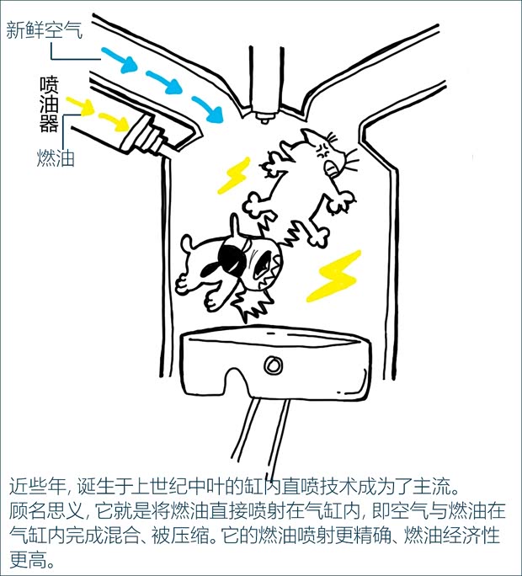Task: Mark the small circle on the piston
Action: pos(272,365)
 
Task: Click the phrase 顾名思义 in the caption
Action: pos(42,510)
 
